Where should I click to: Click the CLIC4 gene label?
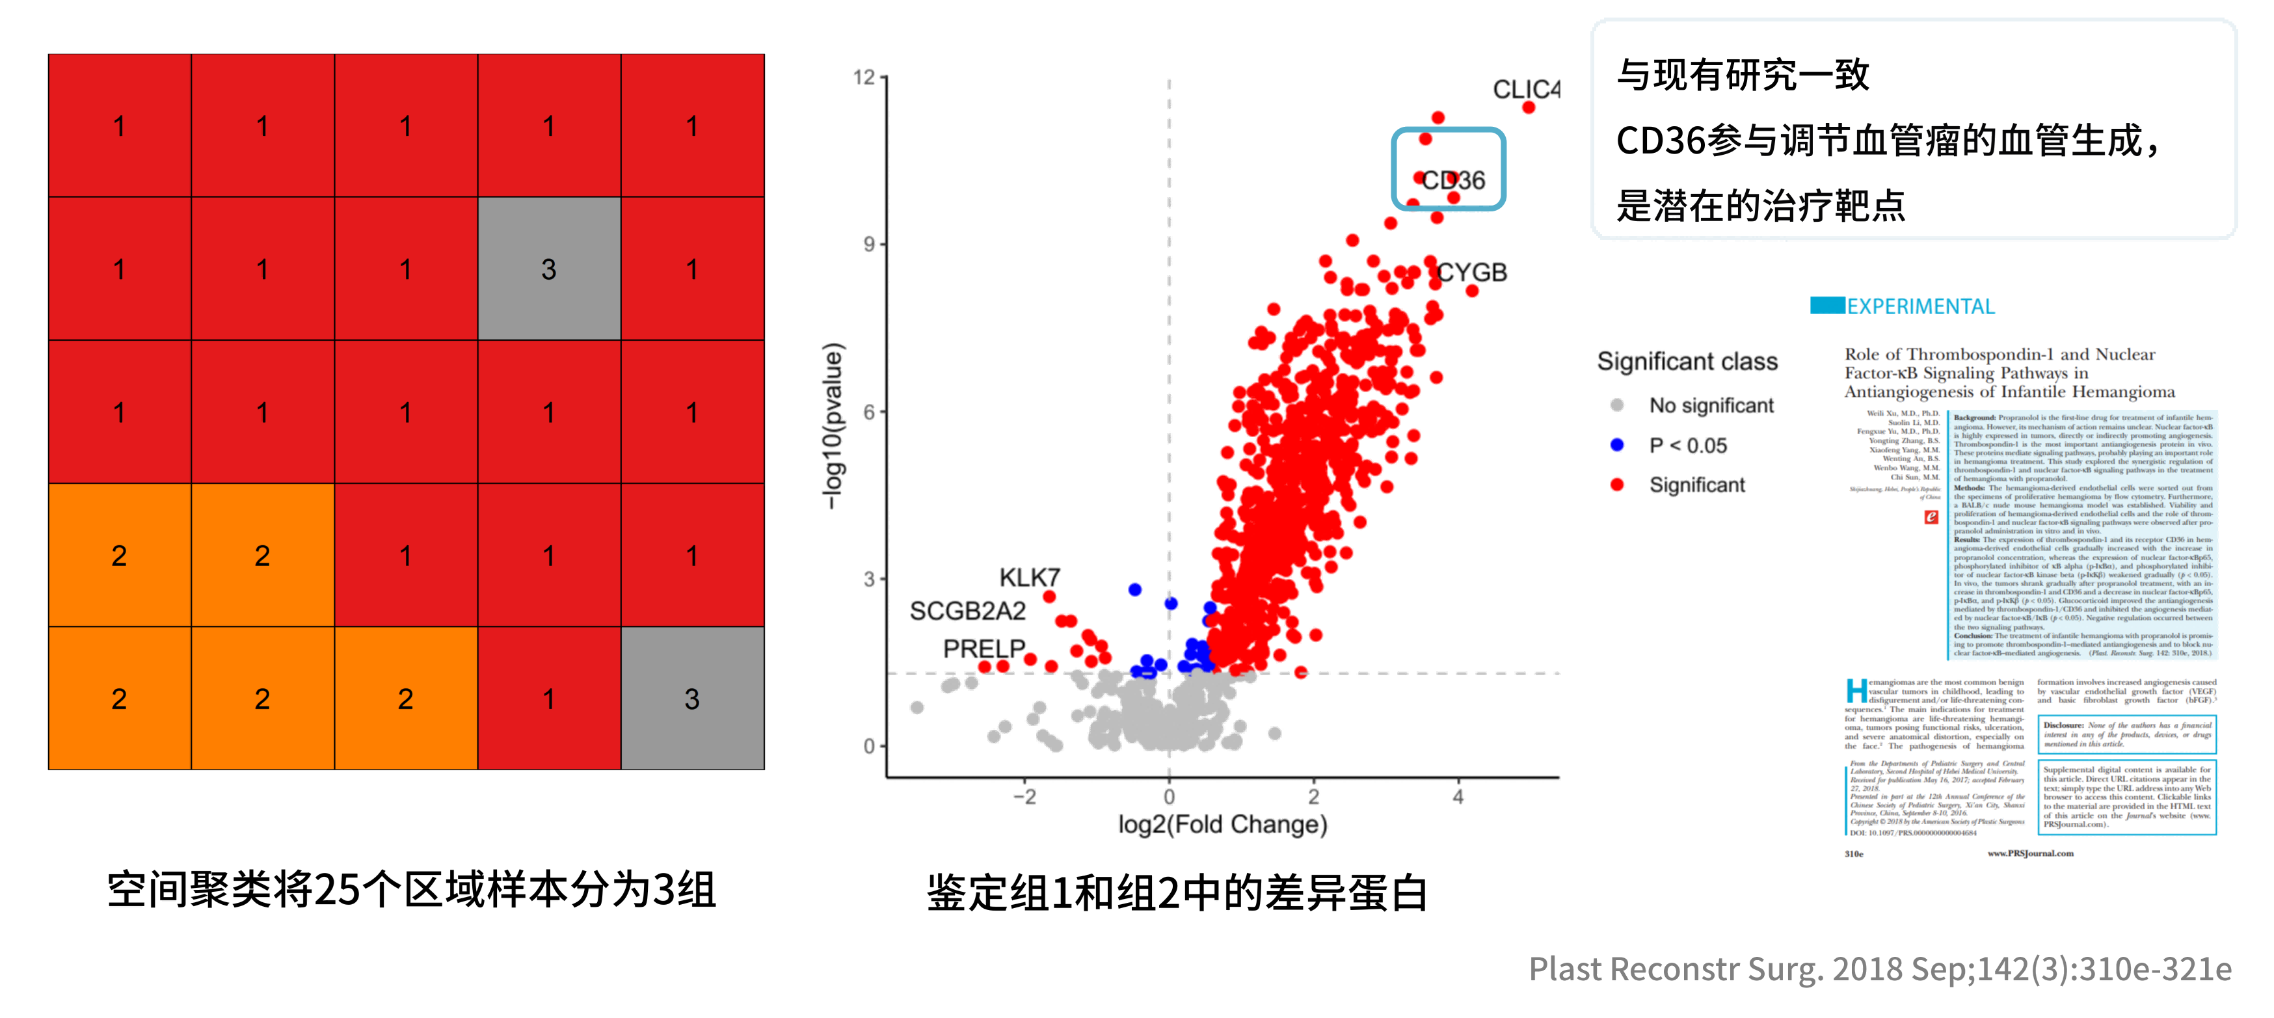[x=1525, y=89]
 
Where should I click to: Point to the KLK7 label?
[x=1028, y=578]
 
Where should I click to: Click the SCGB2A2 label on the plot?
[x=967, y=611]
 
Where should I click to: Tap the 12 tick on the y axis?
[x=864, y=77]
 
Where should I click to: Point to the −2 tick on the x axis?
[x=1024, y=797]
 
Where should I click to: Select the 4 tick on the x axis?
[x=1458, y=797]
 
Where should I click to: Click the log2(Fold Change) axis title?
[x=1223, y=825]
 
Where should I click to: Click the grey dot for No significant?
[x=1617, y=405]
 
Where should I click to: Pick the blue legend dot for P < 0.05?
[x=1617, y=445]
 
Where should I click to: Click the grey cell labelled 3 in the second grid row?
[x=549, y=269]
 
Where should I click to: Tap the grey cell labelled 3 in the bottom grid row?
[x=692, y=699]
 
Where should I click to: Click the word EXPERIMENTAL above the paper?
[x=1920, y=306]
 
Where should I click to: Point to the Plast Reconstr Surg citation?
[x=1880, y=969]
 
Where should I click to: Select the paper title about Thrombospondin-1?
[x=2009, y=373]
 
